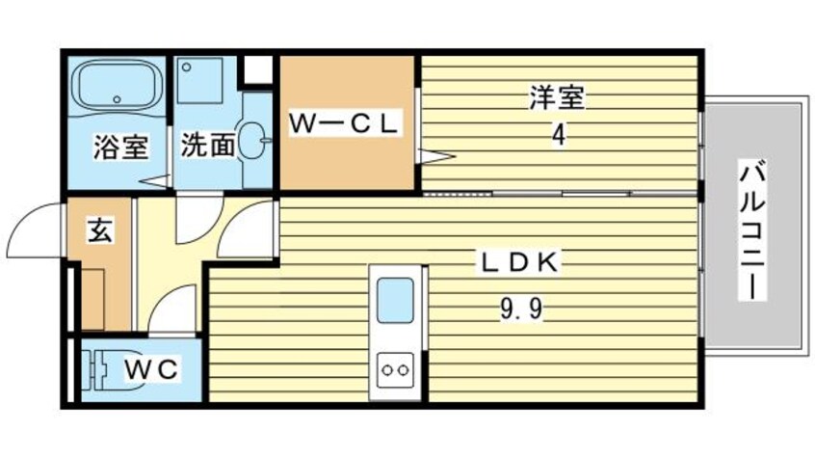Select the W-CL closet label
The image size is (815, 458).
pyautogui.click(x=346, y=124)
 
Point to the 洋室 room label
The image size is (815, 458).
pyautogui.click(x=558, y=97)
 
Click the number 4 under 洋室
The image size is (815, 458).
pyautogui.click(x=558, y=134)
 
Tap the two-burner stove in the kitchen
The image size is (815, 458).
pyautogui.click(x=394, y=366)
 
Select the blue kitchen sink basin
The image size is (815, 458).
pyautogui.click(x=394, y=299)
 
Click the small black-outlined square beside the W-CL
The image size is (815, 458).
pyautogui.click(x=257, y=70)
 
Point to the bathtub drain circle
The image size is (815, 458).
pyautogui.click(x=117, y=98)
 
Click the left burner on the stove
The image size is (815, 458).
pyautogui.click(x=386, y=366)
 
